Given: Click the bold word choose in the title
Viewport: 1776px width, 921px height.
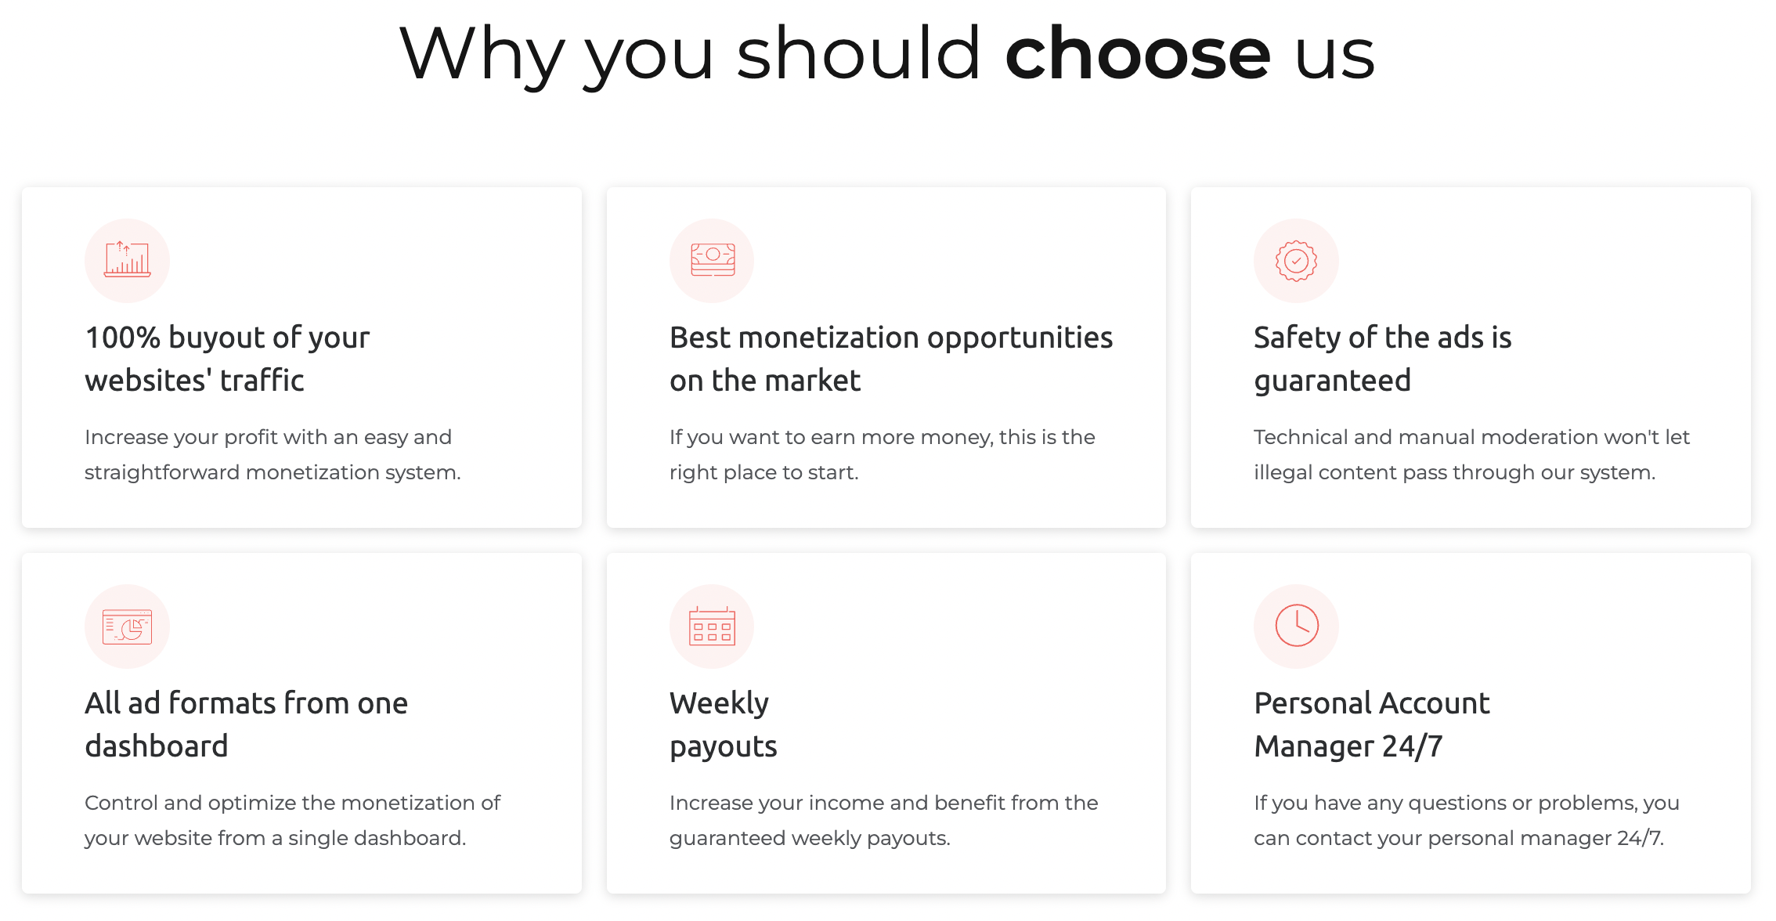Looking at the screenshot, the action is [x=1138, y=53].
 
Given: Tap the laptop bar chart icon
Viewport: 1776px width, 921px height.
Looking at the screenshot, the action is [x=127, y=259].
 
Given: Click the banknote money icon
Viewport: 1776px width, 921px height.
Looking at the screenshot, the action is [x=713, y=259].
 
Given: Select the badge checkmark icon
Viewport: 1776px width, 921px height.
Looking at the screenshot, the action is [x=1296, y=260].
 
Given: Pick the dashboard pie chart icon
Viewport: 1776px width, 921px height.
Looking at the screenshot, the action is [x=127, y=627].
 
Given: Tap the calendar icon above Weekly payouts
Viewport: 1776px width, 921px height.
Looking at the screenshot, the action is [x=712, y=626].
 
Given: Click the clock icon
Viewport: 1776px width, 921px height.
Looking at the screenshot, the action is [x=1297, y=626].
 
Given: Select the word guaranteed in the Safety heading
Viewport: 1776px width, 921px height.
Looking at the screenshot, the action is [x=1332, y=381].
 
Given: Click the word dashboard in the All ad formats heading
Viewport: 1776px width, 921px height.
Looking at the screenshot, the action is [x=157, y=746].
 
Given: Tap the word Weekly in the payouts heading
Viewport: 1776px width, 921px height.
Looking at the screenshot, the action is [x=719, y=704].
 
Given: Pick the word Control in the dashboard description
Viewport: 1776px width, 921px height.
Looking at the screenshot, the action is [x=121, y=803].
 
